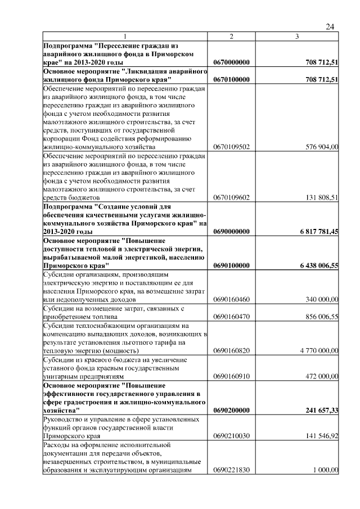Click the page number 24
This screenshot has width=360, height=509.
[330, 27]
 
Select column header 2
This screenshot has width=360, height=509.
[231, 37]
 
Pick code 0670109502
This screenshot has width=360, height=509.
[232, 147]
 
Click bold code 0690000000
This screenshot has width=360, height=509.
[232, 232]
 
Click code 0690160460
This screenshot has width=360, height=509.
[232, 300]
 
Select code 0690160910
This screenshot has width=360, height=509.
[232, 376]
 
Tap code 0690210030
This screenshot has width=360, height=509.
[232, 435]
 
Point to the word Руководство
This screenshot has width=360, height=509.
[66, 419]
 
